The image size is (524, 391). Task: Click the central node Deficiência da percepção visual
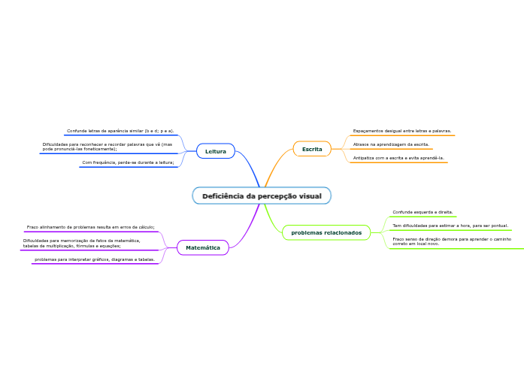261,196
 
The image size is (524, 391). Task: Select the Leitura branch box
215,151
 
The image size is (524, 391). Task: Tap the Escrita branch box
312,149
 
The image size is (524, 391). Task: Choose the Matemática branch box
203,247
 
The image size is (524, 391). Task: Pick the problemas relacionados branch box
326,233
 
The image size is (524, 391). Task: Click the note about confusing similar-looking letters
120,131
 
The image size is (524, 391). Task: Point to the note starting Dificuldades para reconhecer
107,147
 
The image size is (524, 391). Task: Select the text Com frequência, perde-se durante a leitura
128,162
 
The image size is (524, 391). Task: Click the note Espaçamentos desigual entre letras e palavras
402,131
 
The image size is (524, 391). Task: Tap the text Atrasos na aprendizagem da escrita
391,144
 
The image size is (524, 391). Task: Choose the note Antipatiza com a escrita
398,158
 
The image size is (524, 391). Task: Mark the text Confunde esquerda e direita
423,212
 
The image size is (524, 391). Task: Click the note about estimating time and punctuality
450,225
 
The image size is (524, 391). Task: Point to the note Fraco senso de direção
451,241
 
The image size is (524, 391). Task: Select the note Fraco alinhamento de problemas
90,226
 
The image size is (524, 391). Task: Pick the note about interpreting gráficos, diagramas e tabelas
95,259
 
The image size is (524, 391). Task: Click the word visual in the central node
310,196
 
